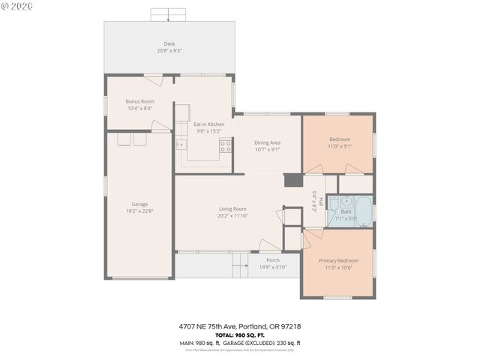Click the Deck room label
[169, 43]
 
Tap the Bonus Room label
[139, 101]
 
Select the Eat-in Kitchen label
[208, 124]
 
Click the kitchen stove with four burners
[224, 148]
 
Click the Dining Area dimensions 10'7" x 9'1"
[267, 148]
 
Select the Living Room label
[232, 208]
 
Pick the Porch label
[272, 259]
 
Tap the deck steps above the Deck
[169, 14]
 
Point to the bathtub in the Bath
[364, 211]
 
